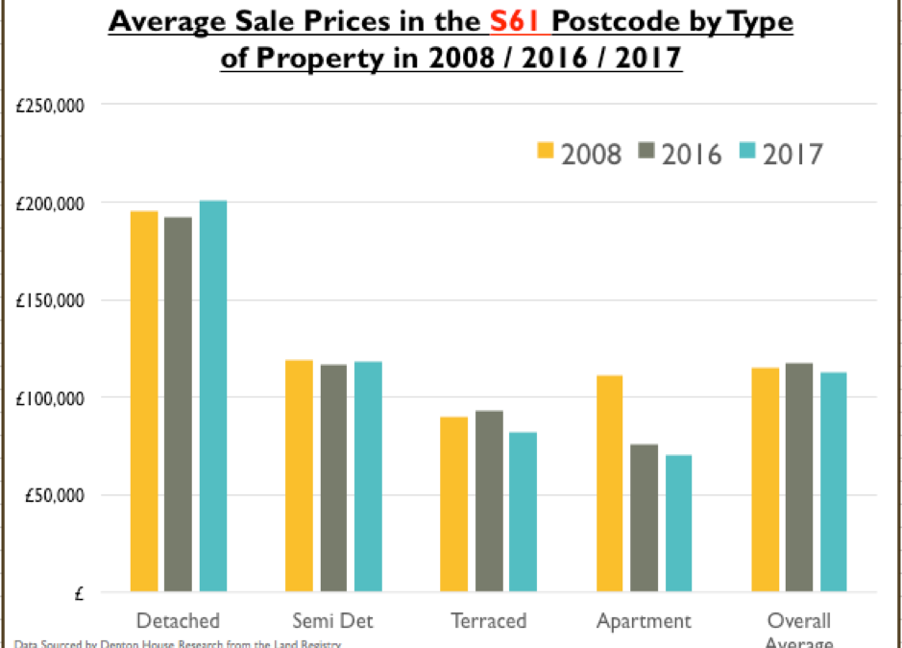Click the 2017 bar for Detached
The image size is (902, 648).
click(213, 396)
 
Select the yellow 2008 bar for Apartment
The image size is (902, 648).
click(609, 483)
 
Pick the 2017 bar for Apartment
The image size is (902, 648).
click(678, 523)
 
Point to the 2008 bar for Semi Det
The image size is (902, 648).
click(299, 475)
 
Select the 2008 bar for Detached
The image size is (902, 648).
click(144, 401)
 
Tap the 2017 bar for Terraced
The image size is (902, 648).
click(523, 512)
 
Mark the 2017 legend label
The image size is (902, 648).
click(792, 153)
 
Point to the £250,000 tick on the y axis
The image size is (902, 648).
click(50, 105)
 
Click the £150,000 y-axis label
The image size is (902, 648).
click(50, 300)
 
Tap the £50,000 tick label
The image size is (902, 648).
click(54, 495)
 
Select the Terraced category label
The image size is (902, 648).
click(488, 621)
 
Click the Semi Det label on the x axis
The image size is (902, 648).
click(332, 621)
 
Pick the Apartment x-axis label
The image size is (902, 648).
click(643, 621)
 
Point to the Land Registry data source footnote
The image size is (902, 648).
click(178, 643)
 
